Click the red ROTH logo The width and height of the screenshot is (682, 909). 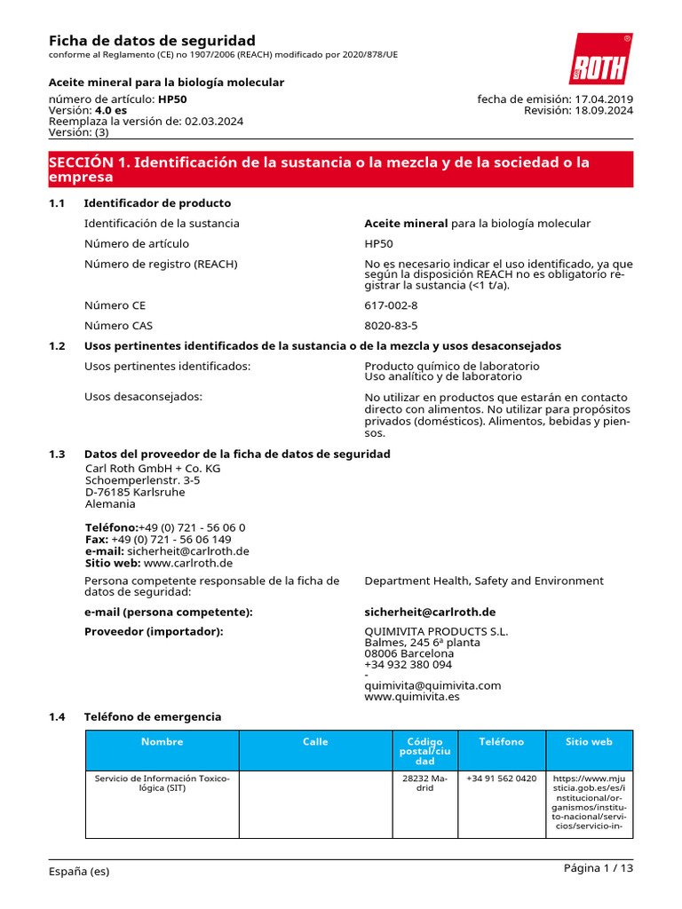pyautogui.click(x=600, y=60)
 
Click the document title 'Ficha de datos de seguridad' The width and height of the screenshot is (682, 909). pyautogui.click(x=152, y=41)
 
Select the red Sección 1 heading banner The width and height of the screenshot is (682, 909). pyautogui.click(x=341, y=169)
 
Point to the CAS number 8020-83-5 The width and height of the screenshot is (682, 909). pyautogui.click(x=391, y=326)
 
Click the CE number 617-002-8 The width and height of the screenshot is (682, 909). pyautogui.click(x=391, y=305)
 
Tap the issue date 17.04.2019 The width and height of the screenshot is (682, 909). pyautogui.click(x=604, y=99)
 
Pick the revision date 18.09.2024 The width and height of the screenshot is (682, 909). pyautogui.click(x=604, y=110)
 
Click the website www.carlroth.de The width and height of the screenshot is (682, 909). pyautogui.click(x=187, y=563)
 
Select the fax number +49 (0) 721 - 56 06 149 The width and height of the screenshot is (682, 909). pyautogui.click(x=171, y=539)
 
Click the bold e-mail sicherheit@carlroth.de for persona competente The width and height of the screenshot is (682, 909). pyautogui.click(x=430, y=613)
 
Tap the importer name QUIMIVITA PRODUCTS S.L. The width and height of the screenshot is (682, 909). pyautogui.click(x=436, y=632)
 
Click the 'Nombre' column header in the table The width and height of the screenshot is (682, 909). pyautogui.click(x=163, y=742)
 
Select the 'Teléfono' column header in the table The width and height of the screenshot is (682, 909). pyautogui.click(x=502, y=742)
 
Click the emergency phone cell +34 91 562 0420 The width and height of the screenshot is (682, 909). pyautogui.click(x=502, y=779)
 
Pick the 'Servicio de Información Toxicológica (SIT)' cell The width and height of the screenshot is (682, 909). pyautogui.click(x=163, y=783)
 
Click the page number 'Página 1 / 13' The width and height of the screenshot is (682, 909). pyautogui.click(x=599, y=868)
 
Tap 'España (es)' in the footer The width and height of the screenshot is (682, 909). pyautogui.click(x=79, y=872)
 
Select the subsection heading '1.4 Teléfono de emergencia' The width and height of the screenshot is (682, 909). pyautogui.click(x=152, y=716)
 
